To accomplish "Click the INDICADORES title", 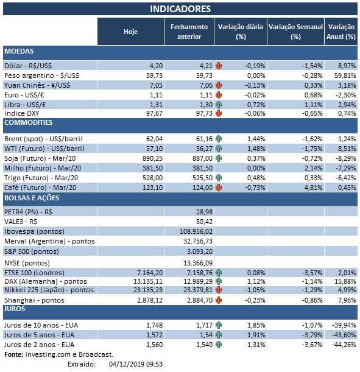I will pyautogui.click(x=180, y=9).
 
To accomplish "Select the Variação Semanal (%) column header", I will pyautogui.click(x=295, y=32).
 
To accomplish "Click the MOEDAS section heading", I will pyautogui.click(x=19, y=52).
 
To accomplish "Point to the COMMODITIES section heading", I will pyautogui.click(x=29, y=122).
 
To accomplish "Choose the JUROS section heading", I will pyautogui.click(x=15, y=309).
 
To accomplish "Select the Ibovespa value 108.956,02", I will pyautogui.click(x=191, y=232).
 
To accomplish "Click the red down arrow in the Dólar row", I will pyautogui.click(x=217, y=66).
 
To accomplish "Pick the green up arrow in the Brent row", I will pyautogui.click(x=217, y=139).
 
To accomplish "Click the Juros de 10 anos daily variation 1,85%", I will pyautogui.click(x=252, y=326).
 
